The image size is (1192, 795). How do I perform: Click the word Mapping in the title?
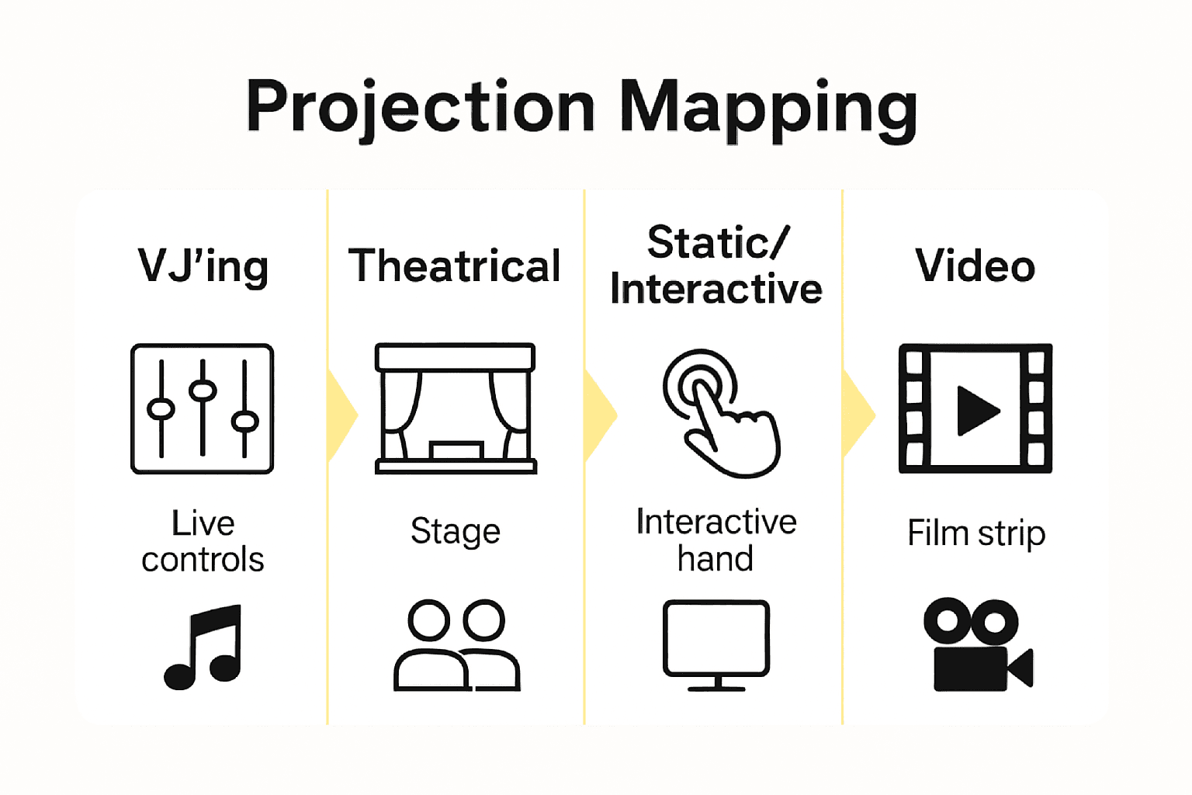coord(769,110)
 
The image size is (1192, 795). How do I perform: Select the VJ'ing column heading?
coord(203,266)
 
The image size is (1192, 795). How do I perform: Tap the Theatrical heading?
coord(455,266)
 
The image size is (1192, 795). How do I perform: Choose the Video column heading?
coord(975,266)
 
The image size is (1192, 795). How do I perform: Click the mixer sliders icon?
coord(203,408)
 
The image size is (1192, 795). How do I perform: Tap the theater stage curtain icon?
coord(456,408)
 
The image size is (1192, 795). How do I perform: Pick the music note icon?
coord(203,647)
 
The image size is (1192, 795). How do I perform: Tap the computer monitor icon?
coord(716,645)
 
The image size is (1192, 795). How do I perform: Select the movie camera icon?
coord(978,645)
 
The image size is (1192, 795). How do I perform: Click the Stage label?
coord(456,532)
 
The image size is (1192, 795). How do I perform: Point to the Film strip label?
coord(976,533)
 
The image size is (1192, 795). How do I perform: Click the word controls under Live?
coord(203,559)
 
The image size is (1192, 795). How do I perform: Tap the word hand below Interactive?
coord(716,558)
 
